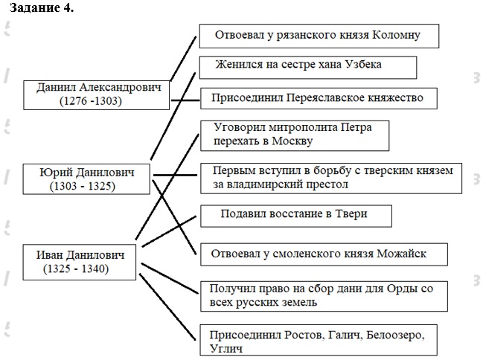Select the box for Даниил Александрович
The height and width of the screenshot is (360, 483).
pyautogui.click(x=99, y=94)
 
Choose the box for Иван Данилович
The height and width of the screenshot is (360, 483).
pyautogui.click(x=80, y=261)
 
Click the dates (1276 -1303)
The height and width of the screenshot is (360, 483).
pyautogui.click(x=91, y=102)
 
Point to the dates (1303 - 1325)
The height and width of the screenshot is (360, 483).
pyautogui.click(x=83, y=187)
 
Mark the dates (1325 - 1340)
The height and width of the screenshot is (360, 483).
pyautogui.click(x=76, y=269)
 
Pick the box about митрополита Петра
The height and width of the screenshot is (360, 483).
pyautogui.click(x=295, y=133)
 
